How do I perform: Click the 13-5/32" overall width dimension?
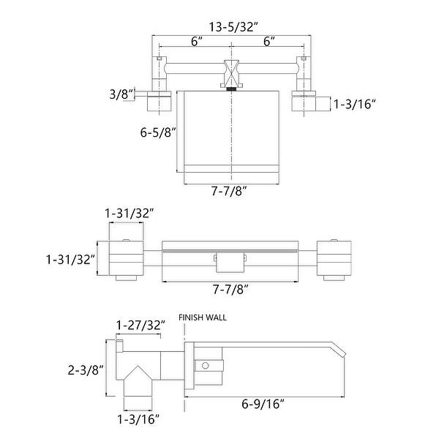(232, 27)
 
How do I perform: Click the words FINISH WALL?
(203, 318)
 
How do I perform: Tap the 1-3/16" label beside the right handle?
(354, 105)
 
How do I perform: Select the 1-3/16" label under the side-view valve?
(139, 419)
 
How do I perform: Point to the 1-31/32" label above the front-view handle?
(130, 213)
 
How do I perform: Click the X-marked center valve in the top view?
(231, 72)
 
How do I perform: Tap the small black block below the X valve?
(232, 89)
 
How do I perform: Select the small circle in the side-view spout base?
(207, 364)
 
